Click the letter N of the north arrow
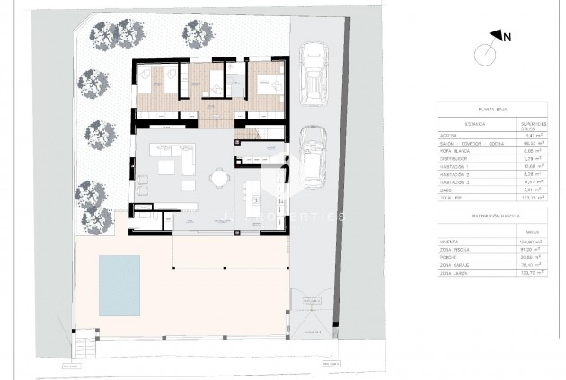(x=508, y=37)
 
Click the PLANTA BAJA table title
(x=490, y=106)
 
